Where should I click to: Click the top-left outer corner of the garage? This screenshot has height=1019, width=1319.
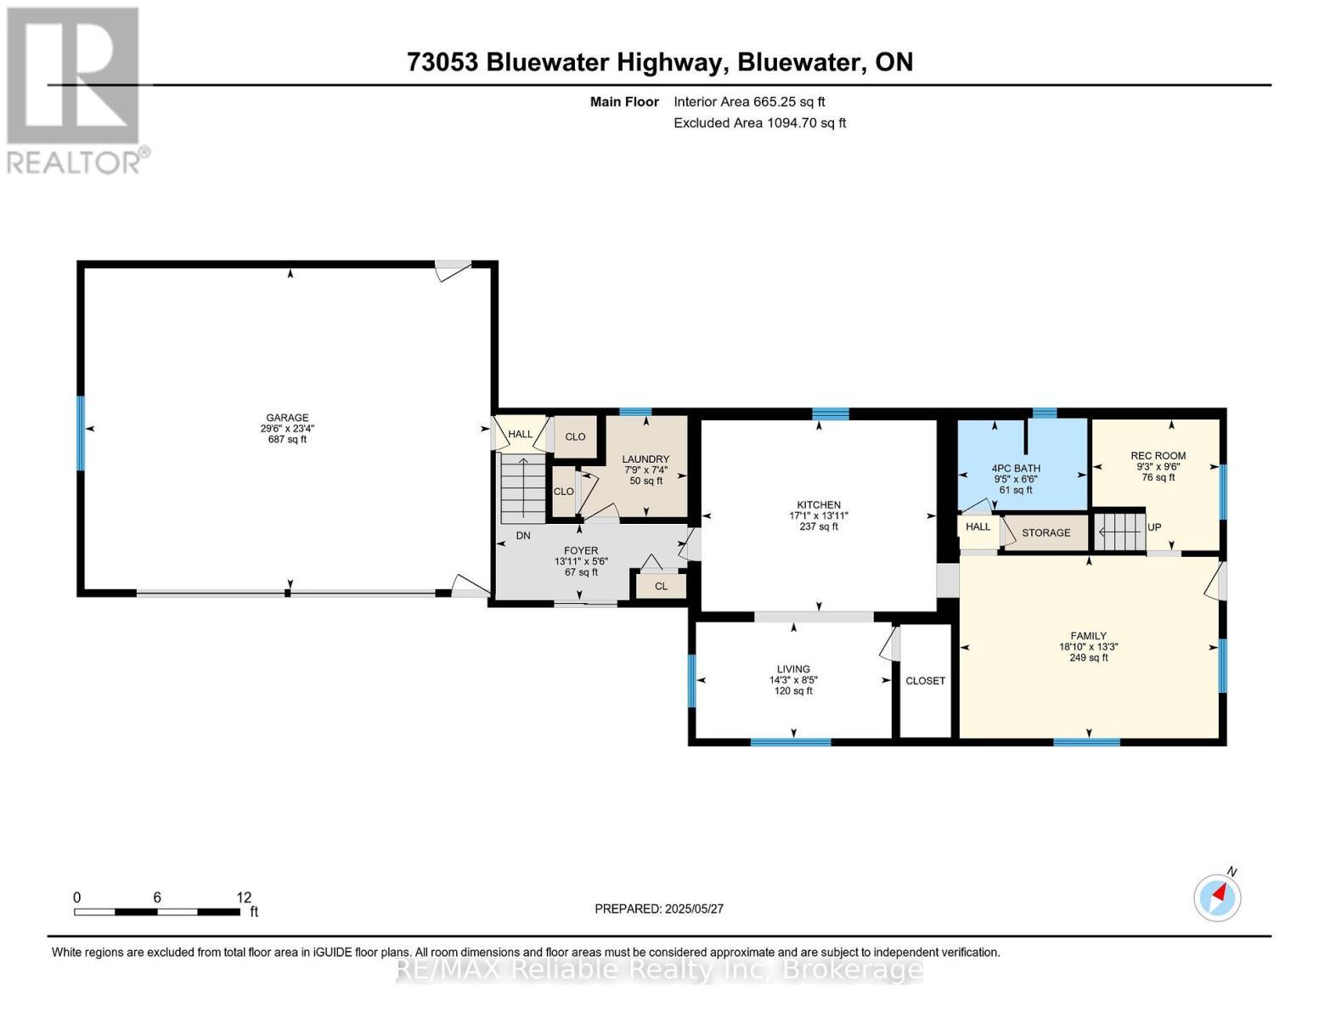77,262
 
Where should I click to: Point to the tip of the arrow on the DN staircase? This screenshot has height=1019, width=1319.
522,459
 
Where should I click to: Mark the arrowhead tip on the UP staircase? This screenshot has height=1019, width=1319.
1101,532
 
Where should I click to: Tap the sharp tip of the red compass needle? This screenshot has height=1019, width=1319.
1226,885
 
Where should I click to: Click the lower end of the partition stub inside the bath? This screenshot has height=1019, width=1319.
1026,453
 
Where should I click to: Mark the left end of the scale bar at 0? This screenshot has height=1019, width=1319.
75,912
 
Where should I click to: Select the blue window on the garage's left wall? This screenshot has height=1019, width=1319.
80,433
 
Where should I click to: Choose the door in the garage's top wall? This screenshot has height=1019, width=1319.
454,270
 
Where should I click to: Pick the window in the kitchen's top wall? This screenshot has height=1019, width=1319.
831,414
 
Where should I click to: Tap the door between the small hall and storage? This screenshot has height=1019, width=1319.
1007,532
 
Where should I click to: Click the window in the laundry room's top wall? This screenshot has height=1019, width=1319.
635,412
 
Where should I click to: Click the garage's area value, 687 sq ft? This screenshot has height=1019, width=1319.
287,439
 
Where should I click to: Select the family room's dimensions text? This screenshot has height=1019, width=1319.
1088,647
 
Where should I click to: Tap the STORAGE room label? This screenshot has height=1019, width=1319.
1046,533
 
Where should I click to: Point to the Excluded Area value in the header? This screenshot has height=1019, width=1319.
807,123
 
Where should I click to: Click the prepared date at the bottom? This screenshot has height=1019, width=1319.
695,909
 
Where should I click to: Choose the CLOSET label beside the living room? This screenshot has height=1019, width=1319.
925,681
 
